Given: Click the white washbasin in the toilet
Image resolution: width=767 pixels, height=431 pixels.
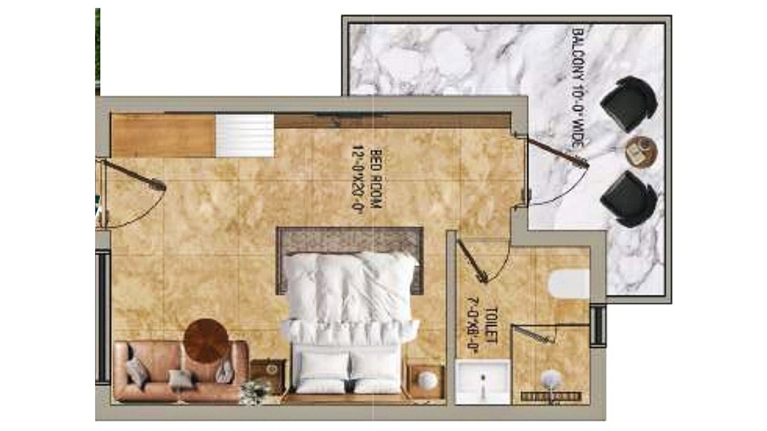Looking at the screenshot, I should tap(483, 381).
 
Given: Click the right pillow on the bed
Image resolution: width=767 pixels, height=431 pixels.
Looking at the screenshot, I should tap(377, 371).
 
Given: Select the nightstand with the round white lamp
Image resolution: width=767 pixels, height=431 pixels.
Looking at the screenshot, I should tap(426, 380).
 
